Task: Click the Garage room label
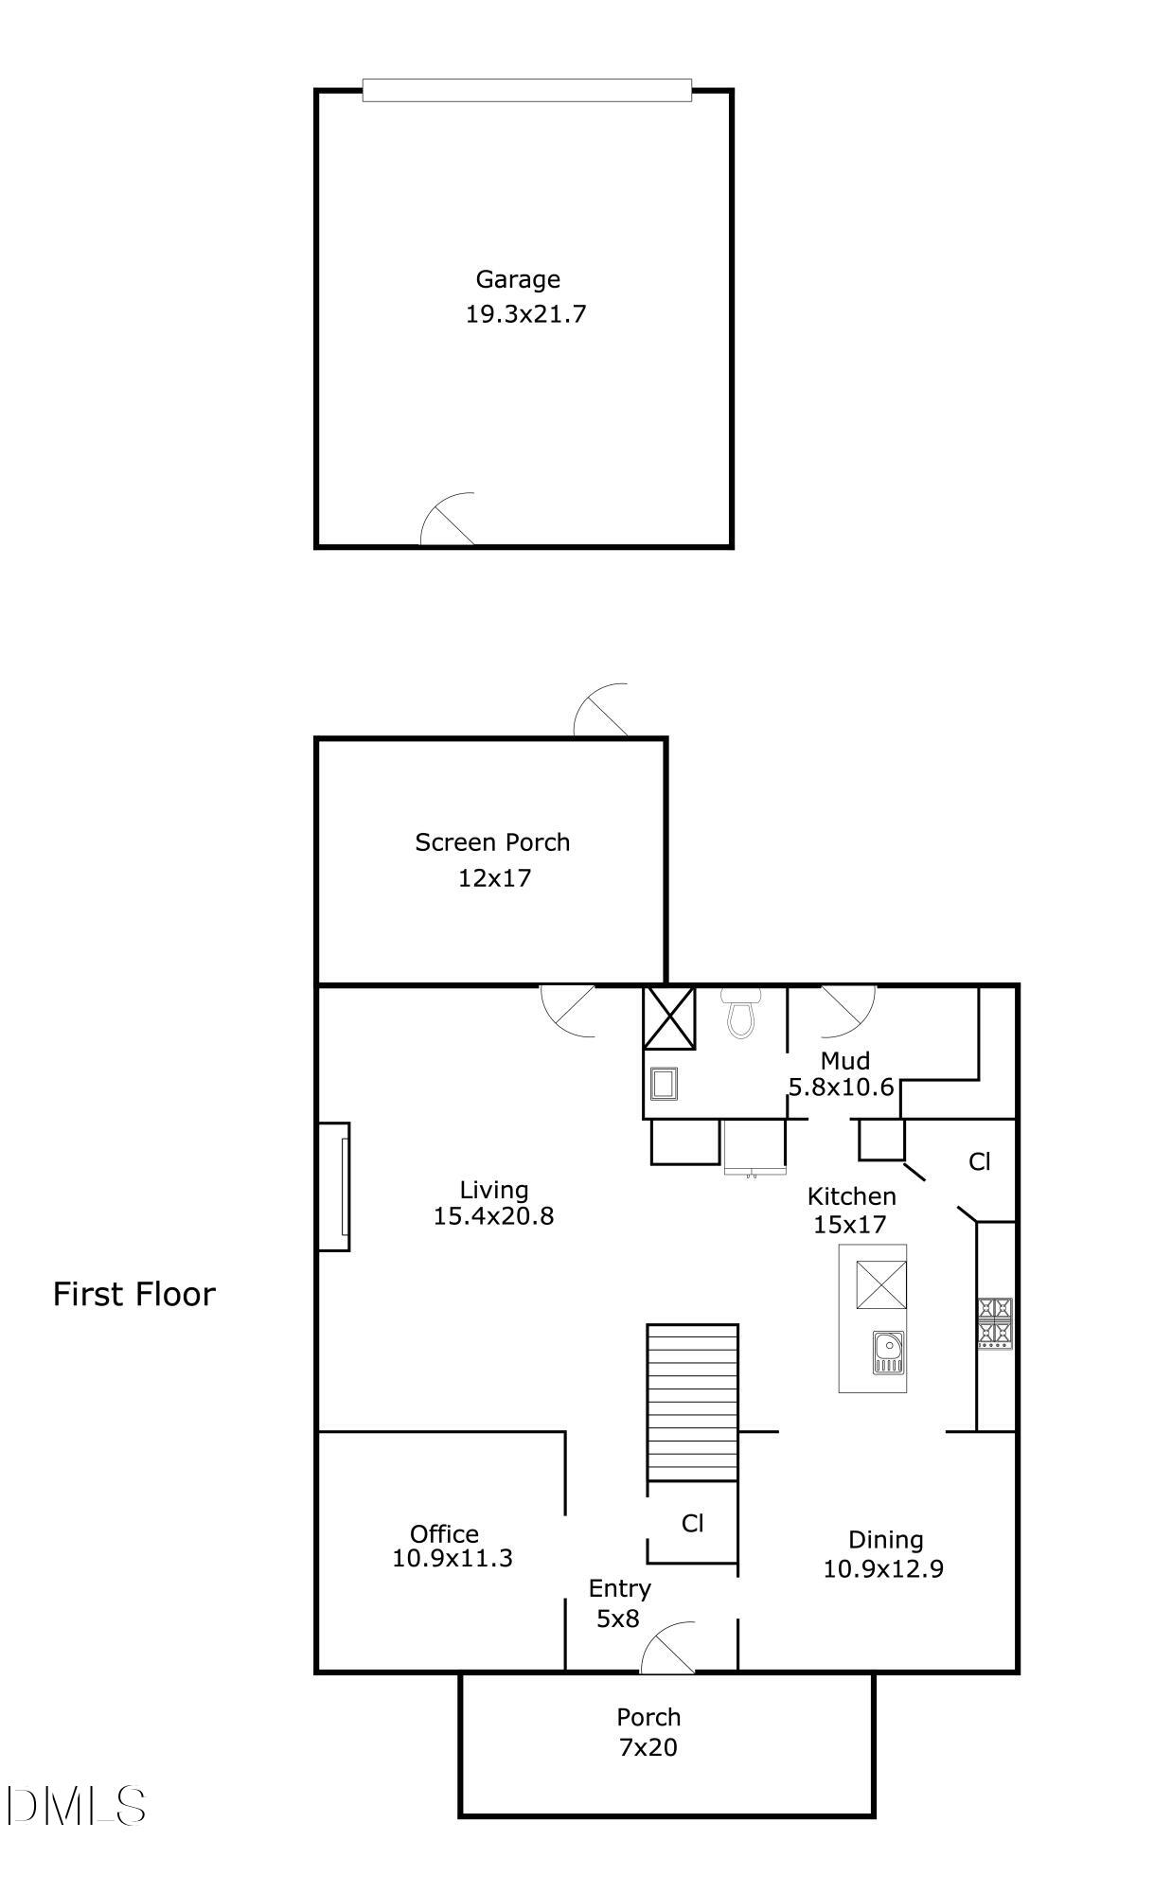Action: pos(518,280)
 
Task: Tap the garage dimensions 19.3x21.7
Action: pos(525,314)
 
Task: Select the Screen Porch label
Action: pos(492,842)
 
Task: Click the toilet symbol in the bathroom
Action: pos(740,1012)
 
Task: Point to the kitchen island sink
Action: pos(889,1352)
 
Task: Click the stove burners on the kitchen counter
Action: pos(995,1323)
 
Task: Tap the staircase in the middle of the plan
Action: pos(692,1402)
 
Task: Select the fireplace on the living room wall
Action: pos(334,1186)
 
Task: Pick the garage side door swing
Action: pos(447,519)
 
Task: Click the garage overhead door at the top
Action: pos(526,90)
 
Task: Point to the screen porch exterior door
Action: pos(601,710)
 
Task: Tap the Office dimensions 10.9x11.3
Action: pos(453,1558)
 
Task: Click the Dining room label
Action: pos(886,1540)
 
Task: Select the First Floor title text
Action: pos(134,1294)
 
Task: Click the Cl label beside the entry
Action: pos(693,1523)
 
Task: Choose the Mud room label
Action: pos(845,1061)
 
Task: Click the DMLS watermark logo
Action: pos(76,1805)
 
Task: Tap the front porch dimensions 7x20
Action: pos(648,1747)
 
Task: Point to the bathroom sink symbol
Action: pos(665,1083)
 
